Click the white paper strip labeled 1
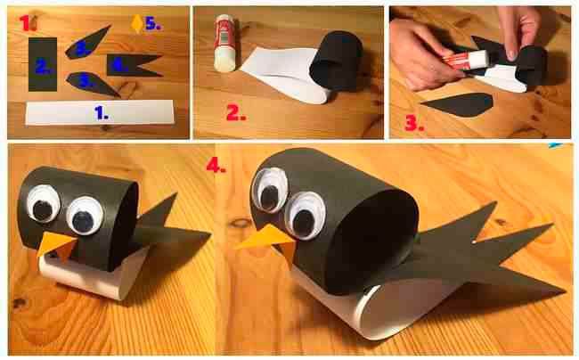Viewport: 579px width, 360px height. (100, 113)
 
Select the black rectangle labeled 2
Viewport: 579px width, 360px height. (43, 64)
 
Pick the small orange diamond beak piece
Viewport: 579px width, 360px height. (137, 24)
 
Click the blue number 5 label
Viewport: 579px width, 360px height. (153, 24)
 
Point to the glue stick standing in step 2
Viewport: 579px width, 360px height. (224, 43)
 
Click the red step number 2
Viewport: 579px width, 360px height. (236, 113)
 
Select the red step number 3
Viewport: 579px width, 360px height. (414, 124)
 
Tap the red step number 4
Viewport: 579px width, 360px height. (216, 165)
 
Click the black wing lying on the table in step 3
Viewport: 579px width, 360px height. (458, 104)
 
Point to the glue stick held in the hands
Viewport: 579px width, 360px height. (467, 60)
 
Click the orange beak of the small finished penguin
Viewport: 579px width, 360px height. (56, 245)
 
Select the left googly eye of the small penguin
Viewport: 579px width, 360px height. (44, 203)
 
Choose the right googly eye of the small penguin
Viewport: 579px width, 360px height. (85, 216)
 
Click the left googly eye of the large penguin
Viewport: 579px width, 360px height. (270, 190)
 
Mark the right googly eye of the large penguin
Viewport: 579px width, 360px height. (305, 216)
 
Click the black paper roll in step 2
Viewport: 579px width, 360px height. (336, 61)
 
